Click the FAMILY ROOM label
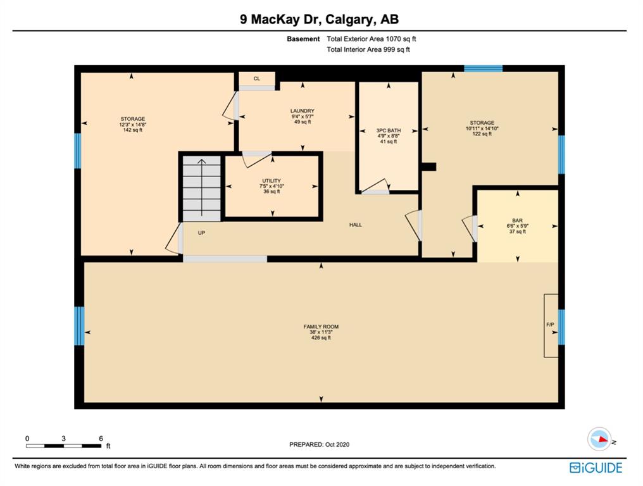tap(321, 327)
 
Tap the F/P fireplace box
tap(551, 325)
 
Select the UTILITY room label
tap(272, 181)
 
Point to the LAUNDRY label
tap(303, 111)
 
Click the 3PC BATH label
tap(389, 130)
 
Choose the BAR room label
tap(517, 221)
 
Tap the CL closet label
tap(257, 78)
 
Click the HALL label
tap(356, 225)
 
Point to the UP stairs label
tap(201, 233)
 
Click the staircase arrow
tap(201, 187)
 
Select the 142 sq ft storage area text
tap(133, 130)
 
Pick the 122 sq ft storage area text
tap(482, 134)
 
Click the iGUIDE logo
tap(596, 468)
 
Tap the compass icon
tap(599, 439)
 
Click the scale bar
tap(63, 445)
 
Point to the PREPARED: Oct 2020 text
tap(320, 445)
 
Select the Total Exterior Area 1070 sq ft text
tap(371, 39)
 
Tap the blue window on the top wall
tap(483, 68)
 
